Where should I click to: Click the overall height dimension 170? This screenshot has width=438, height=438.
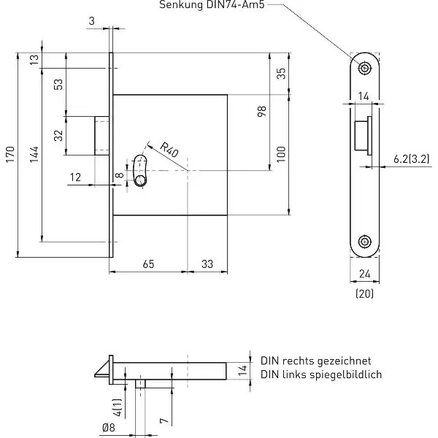[x=10, y=154]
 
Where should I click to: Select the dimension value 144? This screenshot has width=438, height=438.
[x=34, y=155]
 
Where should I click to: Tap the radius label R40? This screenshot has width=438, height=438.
[x=169, y=150]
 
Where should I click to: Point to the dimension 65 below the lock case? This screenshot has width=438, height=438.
[x=148, y=264]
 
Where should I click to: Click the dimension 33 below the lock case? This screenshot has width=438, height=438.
[x=207, y=264]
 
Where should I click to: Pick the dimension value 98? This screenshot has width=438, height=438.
[x=262, y=112]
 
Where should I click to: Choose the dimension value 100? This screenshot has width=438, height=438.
[x=281, y=154]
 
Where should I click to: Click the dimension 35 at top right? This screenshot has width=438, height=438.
[x=281, y=74]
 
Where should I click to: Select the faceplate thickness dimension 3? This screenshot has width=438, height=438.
[x=92, y=21]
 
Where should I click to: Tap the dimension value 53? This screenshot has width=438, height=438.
[x=58, y=85]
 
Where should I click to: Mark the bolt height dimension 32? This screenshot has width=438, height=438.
[x=58, y=136]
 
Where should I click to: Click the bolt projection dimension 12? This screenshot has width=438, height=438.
[x=75, y=177]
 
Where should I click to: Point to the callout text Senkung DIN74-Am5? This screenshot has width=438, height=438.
[x=212, y=5]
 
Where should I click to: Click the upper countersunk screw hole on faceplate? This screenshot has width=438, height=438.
[x=364, y=68]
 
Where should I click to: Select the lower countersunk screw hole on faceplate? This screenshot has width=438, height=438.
[x=364, y=242]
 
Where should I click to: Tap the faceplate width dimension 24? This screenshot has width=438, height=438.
[x=364, y=274]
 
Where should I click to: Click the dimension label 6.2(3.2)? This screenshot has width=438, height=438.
[x=411, y=159]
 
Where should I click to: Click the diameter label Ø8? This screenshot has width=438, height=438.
[x=108, y=428]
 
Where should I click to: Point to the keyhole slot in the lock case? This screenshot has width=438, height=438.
[x=140, y=170]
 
